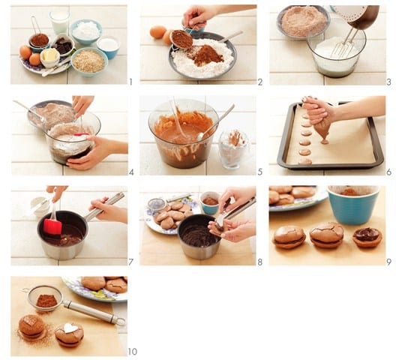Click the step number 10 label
click(x=132, y=352)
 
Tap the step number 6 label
click(x=389, y=172)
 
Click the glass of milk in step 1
click(x=59, y=22)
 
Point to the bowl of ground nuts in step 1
click(x=88, y=62)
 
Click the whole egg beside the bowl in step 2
click(x=157, y=32)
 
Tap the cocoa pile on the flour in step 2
click(x=208, y=55)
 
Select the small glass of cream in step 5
click(x=233, y=148)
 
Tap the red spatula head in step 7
click(x=52, y=226)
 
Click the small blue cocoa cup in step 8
click(x=210, y=202)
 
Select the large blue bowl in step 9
click(x=353, y=205)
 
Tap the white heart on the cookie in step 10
click(x=69, y=328)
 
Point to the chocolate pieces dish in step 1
click(x=63, y=44)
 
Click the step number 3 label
click(x=389, y=82)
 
